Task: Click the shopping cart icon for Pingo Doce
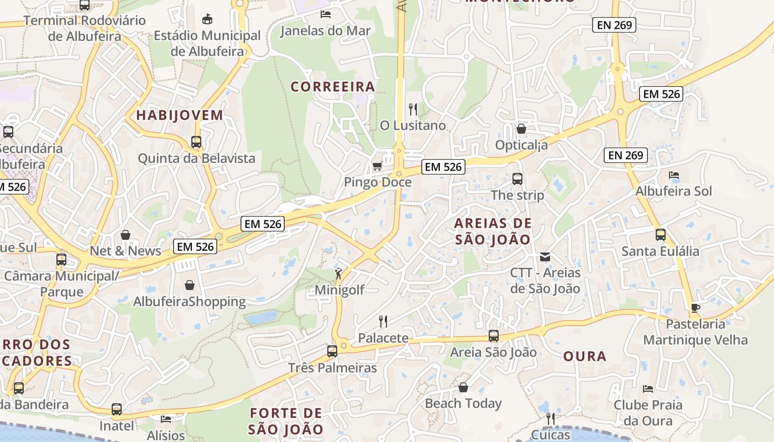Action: (378, 166)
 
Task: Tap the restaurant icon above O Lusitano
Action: (412, 109)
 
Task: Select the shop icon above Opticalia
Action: (521, 129)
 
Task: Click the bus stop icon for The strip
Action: (517, 178)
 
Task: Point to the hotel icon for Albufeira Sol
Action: (673, 175)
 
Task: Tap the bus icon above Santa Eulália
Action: (660, 235)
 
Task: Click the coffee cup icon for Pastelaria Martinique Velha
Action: (695, 308)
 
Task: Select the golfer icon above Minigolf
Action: (338, 273)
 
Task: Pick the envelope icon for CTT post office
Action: (545, 256)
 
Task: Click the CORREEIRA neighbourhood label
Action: (333, 87)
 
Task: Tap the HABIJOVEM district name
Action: (180, 115)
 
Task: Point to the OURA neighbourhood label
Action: (585, 356)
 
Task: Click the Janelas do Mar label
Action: (325, 30)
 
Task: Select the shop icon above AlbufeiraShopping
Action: (190, 285)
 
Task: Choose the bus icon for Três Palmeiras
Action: (332, 351)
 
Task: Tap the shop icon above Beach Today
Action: (463, 387)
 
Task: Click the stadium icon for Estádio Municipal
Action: (207, 19)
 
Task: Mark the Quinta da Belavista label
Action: (196, 159)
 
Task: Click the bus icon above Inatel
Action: (117, 409)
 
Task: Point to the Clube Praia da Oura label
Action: (648, 413)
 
